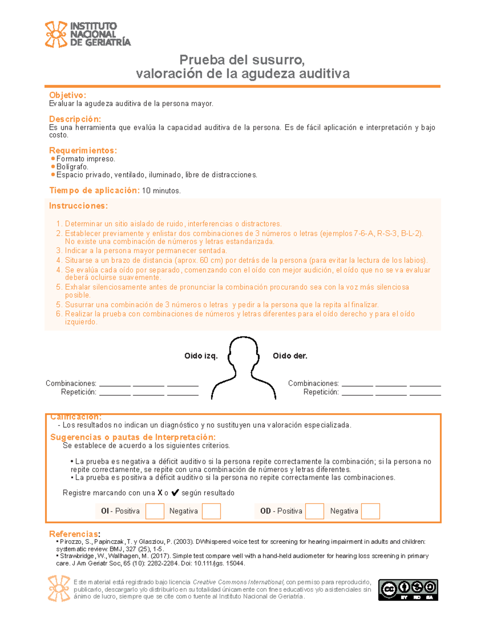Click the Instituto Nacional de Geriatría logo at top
[x=88, y=34]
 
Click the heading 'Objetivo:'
[x=67, y=95]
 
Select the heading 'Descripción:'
[x=75, y=119]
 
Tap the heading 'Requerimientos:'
[x=83, y=151]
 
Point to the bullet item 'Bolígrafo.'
[x=72, y=167]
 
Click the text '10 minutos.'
[x=161, y=191]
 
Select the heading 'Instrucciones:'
[x=78, y=206]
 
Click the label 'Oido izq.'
[x=201, y=356]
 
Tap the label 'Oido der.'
[x=290, y=356]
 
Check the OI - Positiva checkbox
[x=155, y=511]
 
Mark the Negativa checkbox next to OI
[x=211, y=511]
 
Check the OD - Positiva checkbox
[x=314, y=511]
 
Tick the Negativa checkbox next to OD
[x=370, y=511]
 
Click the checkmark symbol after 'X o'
[x=175, y=493]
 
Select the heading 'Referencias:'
[x=74, y=534]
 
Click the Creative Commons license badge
[x=408, y=590]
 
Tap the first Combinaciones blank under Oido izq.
[x=115, y=384]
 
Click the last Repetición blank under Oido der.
[x=425, y=392]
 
